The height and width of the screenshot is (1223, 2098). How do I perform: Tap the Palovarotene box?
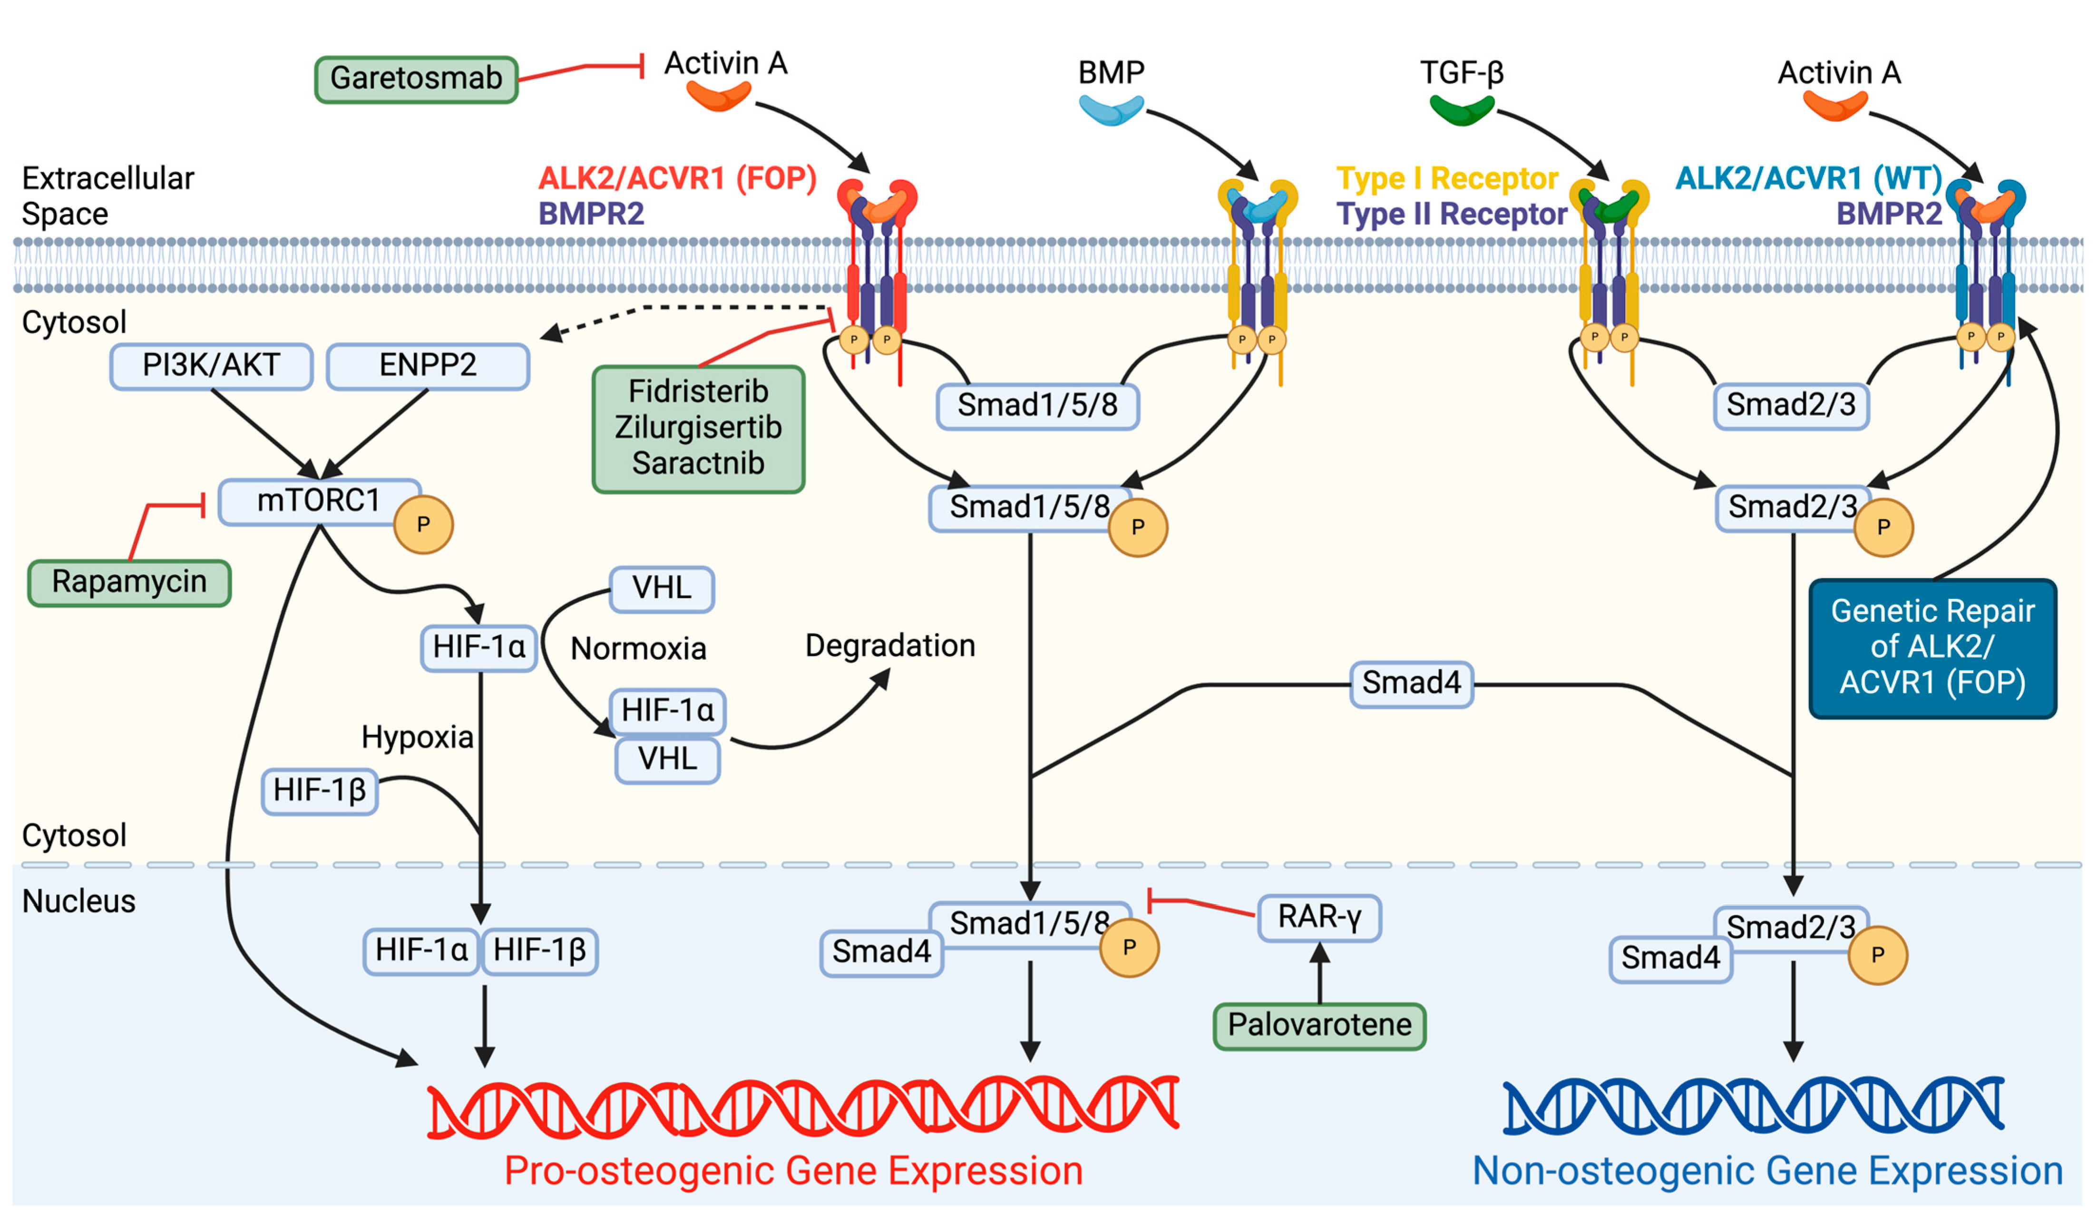pyautogui.click(x=1319, y=1025)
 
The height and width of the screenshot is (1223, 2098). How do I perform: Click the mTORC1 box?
pyautogui.click(x=318, y=501)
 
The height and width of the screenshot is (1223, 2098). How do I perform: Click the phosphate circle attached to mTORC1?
pyautogui.click(x=423, y=525)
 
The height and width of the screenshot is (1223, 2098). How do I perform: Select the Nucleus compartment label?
pyautogui.click(x=78, y=901)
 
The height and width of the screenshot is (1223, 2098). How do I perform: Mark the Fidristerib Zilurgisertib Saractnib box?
pyautogui.click(x=698, y=428)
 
